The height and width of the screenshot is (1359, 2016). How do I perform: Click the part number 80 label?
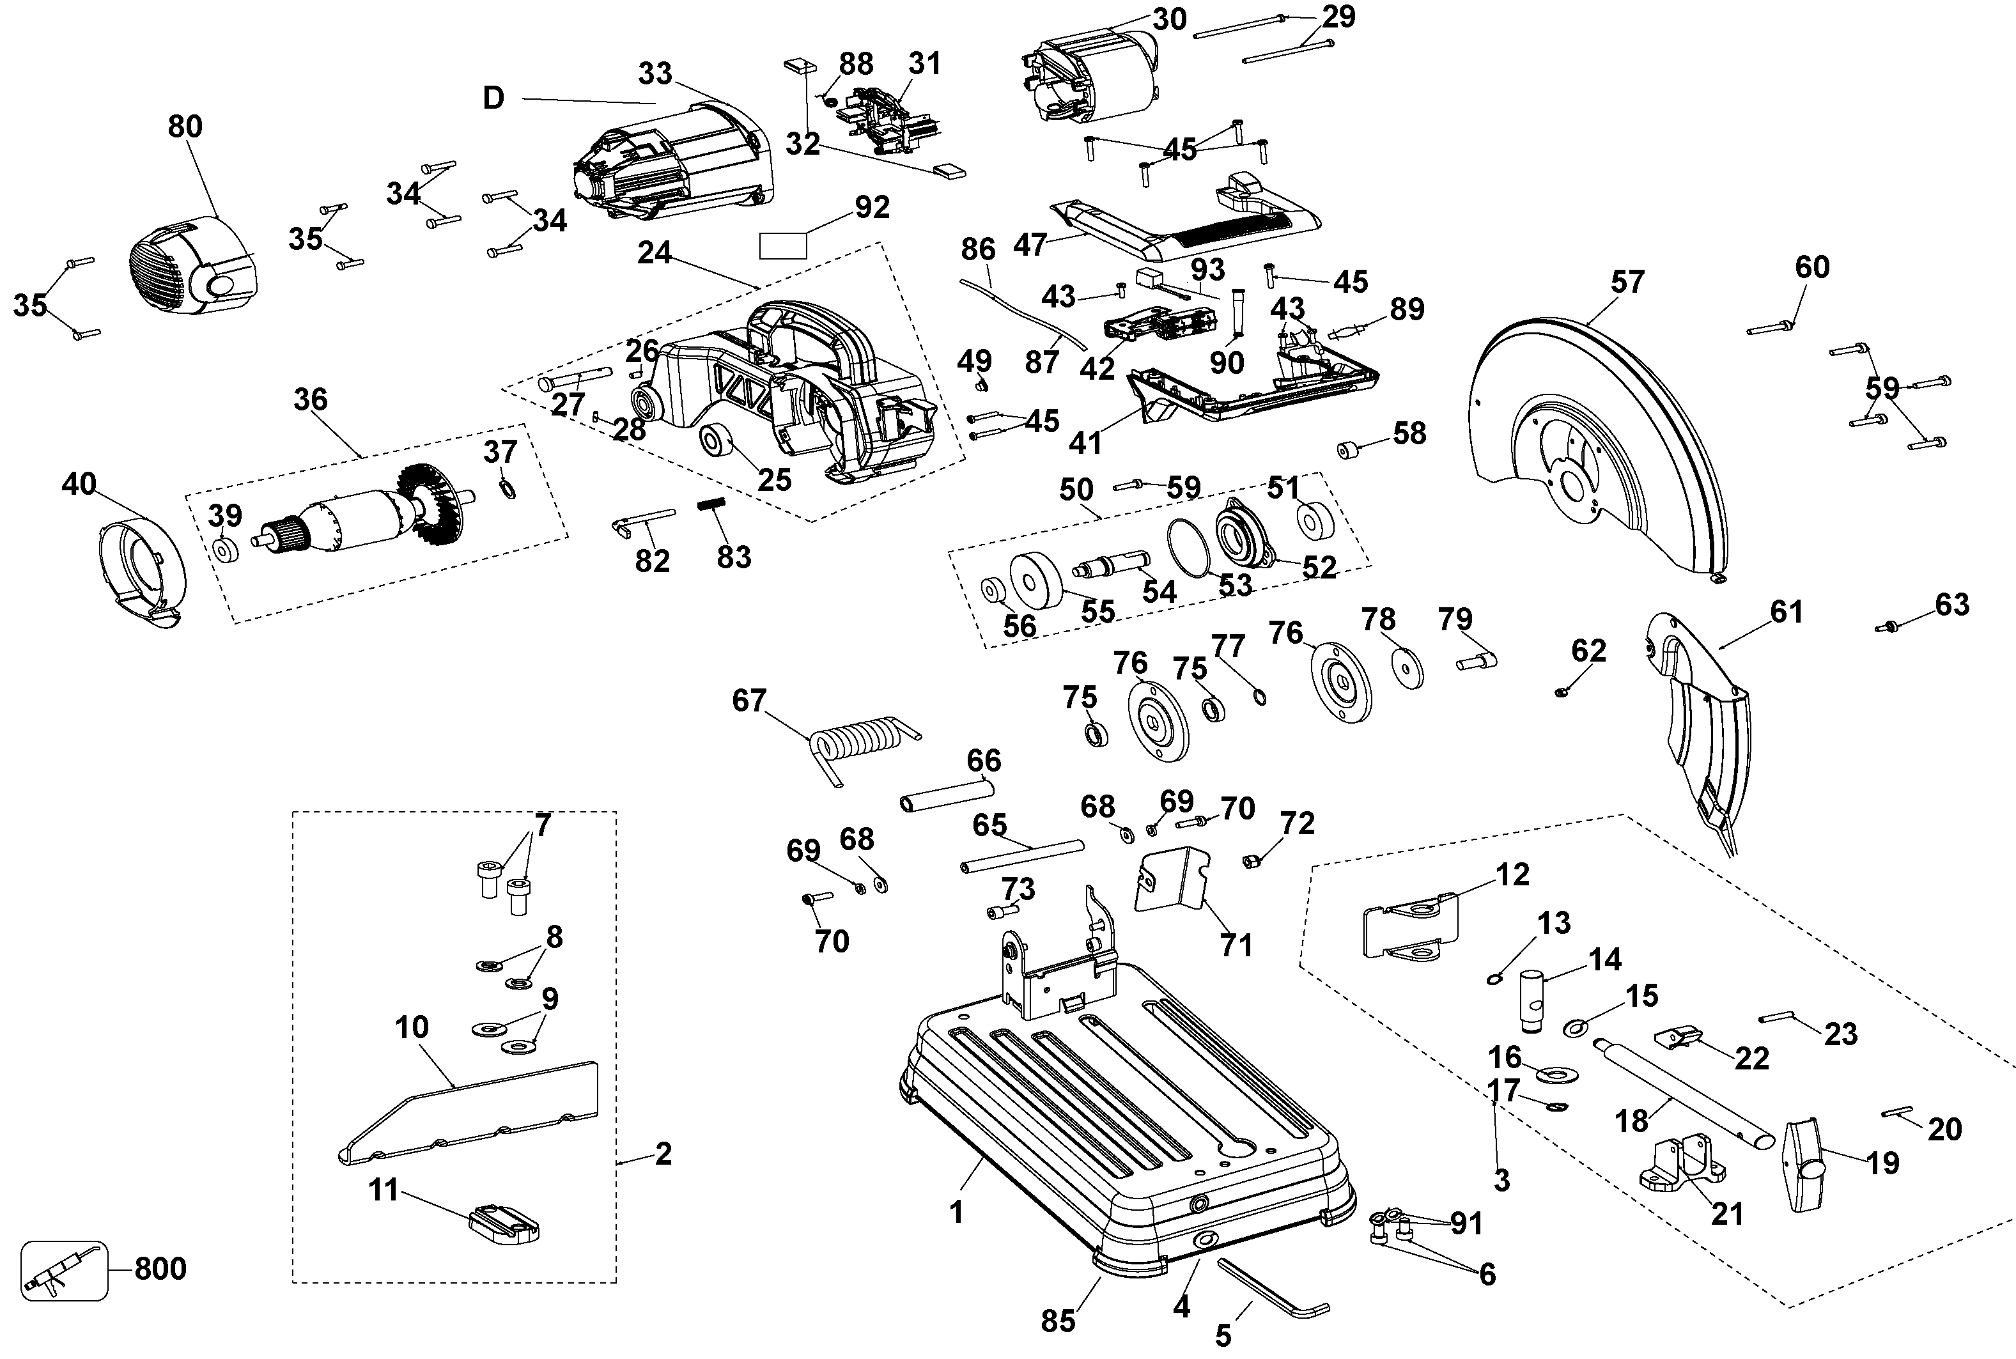185,127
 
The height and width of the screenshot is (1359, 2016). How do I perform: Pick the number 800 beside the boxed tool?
160,1268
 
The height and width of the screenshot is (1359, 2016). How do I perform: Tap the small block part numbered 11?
504,1223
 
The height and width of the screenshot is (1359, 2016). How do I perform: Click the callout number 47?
1030,245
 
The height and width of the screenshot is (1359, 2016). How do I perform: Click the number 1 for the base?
956,1212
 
